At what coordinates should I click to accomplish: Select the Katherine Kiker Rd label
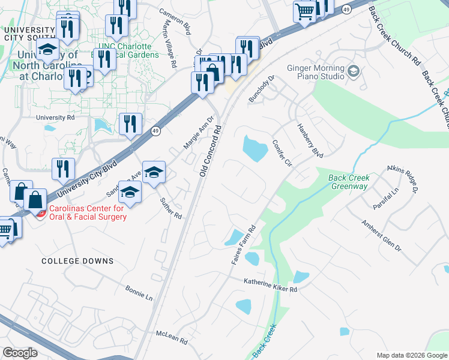pos(270,285)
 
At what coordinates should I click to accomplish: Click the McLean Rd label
pos(172,337)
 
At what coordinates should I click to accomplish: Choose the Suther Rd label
pos(170,208)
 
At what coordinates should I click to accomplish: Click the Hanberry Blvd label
pos(310,141)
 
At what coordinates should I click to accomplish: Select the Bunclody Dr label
pos(262,88)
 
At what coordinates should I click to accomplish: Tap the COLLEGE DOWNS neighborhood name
pos(77,261)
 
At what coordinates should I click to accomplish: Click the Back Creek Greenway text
pos(349,182)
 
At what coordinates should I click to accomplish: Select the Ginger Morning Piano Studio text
pos(316,73)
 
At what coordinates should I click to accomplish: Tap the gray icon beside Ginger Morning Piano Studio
pos(353,72)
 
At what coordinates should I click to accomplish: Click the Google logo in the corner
pos(20,352)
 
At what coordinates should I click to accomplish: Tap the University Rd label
pos(55,118)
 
